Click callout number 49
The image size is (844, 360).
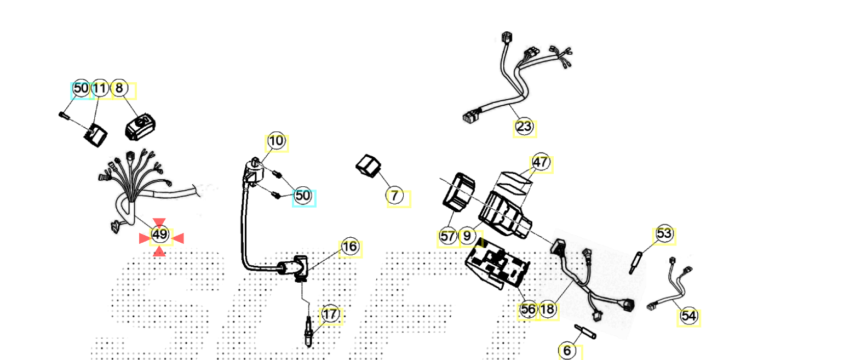point(159,236)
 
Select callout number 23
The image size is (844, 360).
point(524,127)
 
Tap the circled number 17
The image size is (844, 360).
point(330,315)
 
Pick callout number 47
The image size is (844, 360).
point(541,163)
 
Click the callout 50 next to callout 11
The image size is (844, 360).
point(81,88)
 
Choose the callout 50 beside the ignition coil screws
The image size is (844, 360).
point(303,196)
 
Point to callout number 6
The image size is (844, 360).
point(567,350)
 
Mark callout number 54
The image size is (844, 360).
point(689,316)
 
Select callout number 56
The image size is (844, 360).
point(528,310)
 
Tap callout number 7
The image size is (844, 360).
point(396,196)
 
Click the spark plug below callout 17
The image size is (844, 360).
point(310,332)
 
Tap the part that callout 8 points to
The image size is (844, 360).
point(141,126)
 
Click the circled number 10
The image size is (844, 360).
point(277,141)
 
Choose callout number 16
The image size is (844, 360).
point(349,248)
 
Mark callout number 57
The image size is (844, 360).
point(448,237)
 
